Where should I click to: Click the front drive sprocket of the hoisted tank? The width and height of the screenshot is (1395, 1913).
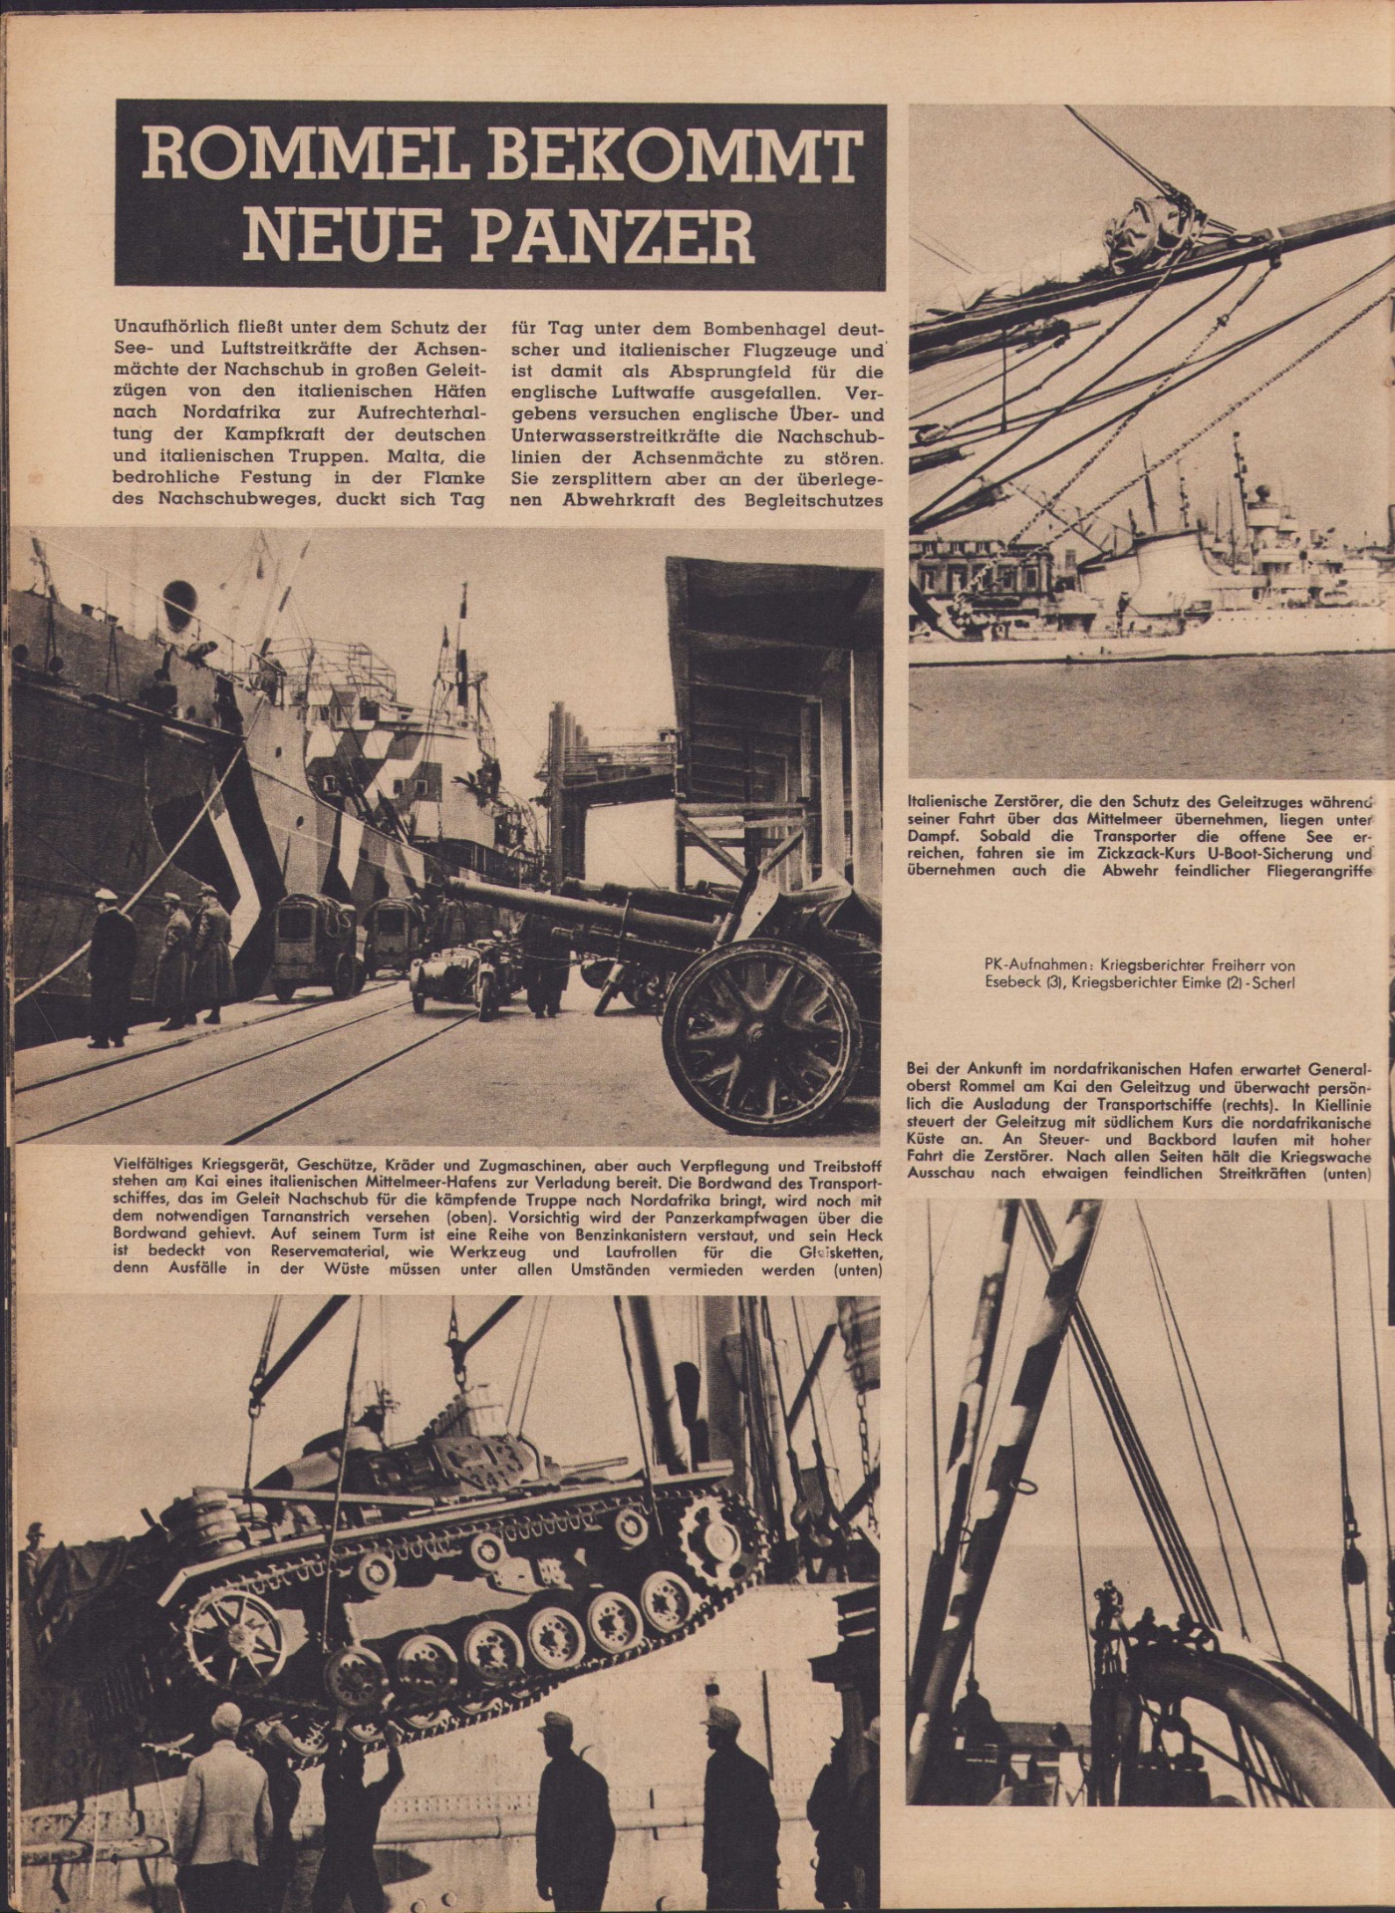(x=712, y=1513)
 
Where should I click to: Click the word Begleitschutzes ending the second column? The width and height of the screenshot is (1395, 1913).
(x=813, y=500)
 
